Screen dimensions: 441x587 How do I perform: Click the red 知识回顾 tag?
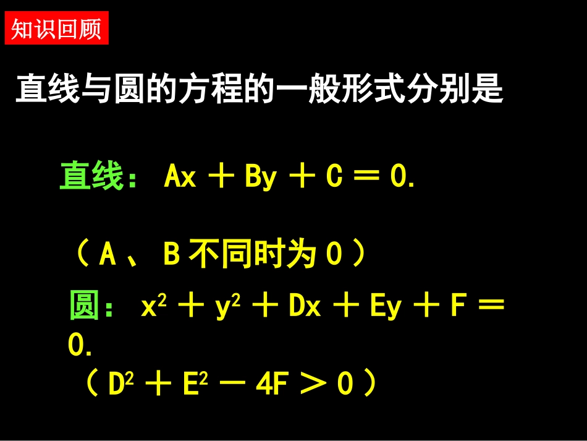click(56, 29)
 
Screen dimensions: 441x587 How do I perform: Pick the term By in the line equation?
click(260, 178)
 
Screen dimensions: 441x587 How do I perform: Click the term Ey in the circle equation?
click(386, 307)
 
